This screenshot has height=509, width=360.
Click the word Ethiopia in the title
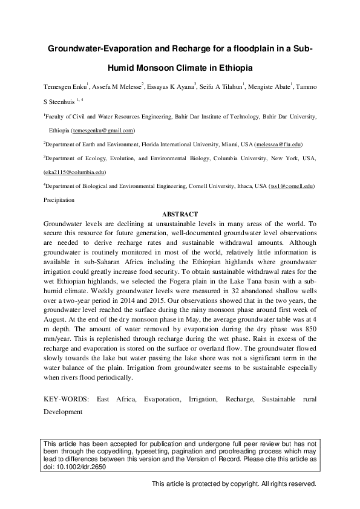231,68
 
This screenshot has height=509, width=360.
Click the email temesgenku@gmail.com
103,131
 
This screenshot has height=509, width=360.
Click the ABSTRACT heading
180,214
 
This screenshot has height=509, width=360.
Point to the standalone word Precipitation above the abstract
59,199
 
